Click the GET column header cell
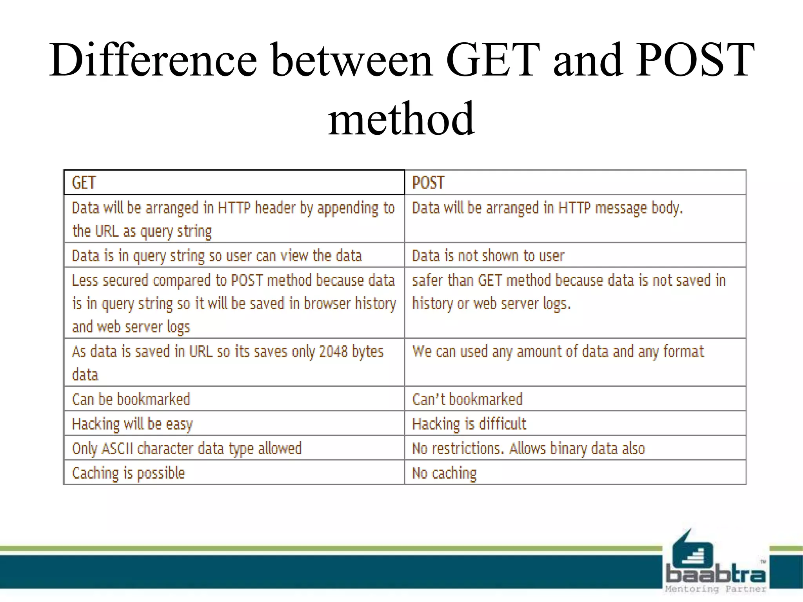click(x=234, y=183)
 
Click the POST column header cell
click(x=575, y=183)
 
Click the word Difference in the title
click(x=153, y=61)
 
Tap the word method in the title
click(x=401, y=119)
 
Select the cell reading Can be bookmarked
click(x=234, y=399)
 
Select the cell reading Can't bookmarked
click(x=575, y=399)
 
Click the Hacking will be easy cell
click(x=234, y=424)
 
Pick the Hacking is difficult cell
click(x=575, y=424)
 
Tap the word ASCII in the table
click(x=118, y=448)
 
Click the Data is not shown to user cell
click(x=575, y=256)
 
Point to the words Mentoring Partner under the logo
click(x=715, y=589)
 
